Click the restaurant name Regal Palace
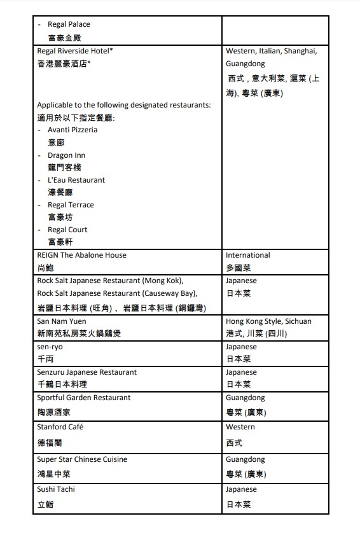tap(69, 24)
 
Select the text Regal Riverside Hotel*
tap(75, 50)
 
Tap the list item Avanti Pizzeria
tap(73, 130)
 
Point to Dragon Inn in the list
tap(66, 155)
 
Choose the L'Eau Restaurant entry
tap(76, 180)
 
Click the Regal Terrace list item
tap(71, 205)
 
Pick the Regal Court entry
tap(67, 230)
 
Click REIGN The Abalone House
tap(81, 255)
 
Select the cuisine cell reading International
tap(247, 255)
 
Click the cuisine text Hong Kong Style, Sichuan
tap(268, 321)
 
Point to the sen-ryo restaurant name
tap(50, 347)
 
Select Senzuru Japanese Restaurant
tap(87, 372)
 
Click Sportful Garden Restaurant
tap(84, 398)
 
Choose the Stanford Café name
tap(60, 427)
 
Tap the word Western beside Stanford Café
tap(240, 427)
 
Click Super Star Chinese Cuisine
tap(82, 459)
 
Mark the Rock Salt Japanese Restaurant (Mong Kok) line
tap(110, 281)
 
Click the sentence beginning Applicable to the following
tap(124, 105)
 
